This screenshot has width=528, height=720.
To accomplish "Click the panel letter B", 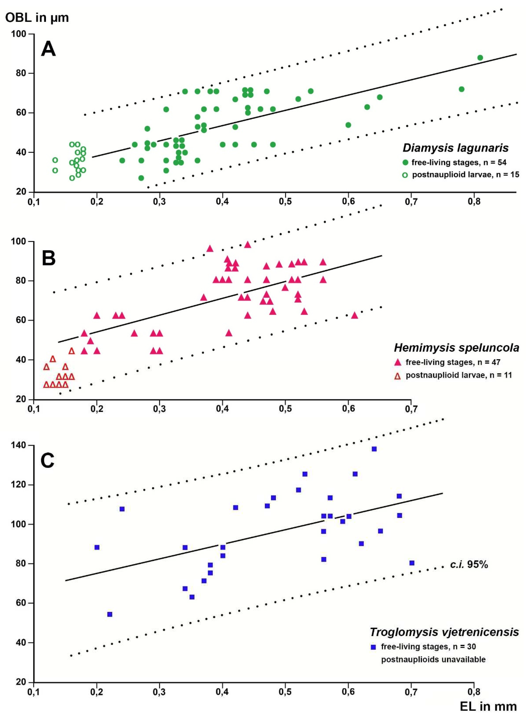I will coord(49,258).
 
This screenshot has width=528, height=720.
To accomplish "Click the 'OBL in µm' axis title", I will coord(37,18).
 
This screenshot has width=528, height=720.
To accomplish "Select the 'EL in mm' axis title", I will coord(488,706).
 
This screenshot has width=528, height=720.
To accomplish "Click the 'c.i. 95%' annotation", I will coord(469,564).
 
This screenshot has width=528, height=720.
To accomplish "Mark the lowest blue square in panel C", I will coord(110,614).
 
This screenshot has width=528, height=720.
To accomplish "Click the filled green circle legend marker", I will coord(405,162).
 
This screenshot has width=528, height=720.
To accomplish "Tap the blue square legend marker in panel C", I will coord(373,647).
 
